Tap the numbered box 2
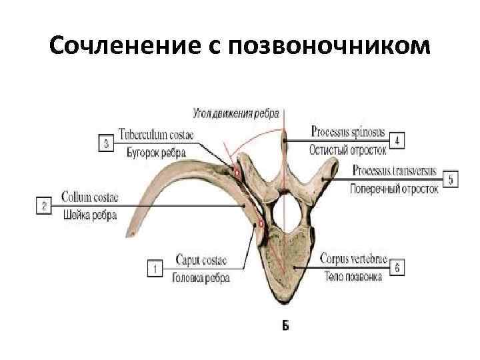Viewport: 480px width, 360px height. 44,206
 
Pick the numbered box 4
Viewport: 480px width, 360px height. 397,141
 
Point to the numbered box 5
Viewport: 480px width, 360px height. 450,179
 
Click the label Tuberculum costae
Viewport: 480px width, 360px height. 156,135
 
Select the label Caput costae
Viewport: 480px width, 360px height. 201,259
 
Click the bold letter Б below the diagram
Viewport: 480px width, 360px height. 285,326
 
